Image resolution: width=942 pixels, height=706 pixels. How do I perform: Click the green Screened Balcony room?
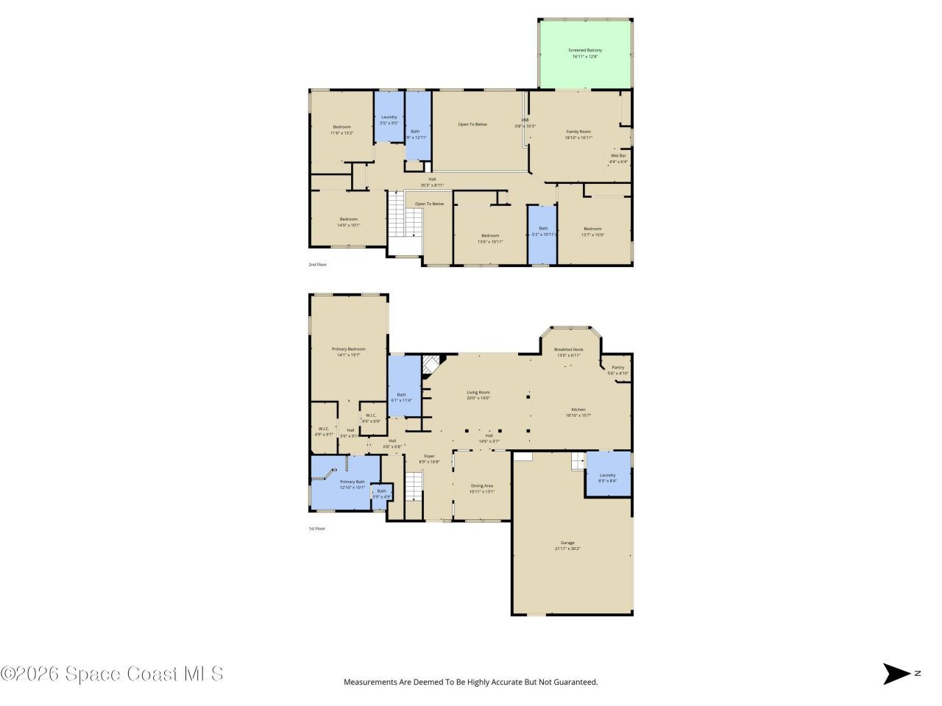pyautogui.click(x=585, y=54)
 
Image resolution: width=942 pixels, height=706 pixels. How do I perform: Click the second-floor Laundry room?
pyautogui.click(x=389, y=119)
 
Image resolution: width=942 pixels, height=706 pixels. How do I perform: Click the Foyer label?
pyautogui.click(x=429, y=458)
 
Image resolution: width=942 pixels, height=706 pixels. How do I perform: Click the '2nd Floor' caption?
pyautogui.click(x=317, y=264)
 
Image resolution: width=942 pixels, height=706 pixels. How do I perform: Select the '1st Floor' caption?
pyautogui.click(x=316, y=528)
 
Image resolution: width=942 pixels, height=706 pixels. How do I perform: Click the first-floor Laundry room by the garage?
pyautogui.click(x=608, y=474)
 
